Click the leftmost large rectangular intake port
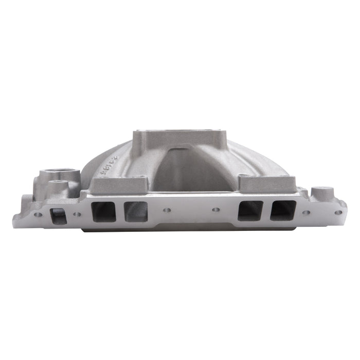tap(103, 211)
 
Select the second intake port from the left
tap(135, 211)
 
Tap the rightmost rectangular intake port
tap(284, 211)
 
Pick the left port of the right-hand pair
tap(250, 211)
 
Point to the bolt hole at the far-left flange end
tap(37, 213)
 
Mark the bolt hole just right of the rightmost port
tap(307, 212)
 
